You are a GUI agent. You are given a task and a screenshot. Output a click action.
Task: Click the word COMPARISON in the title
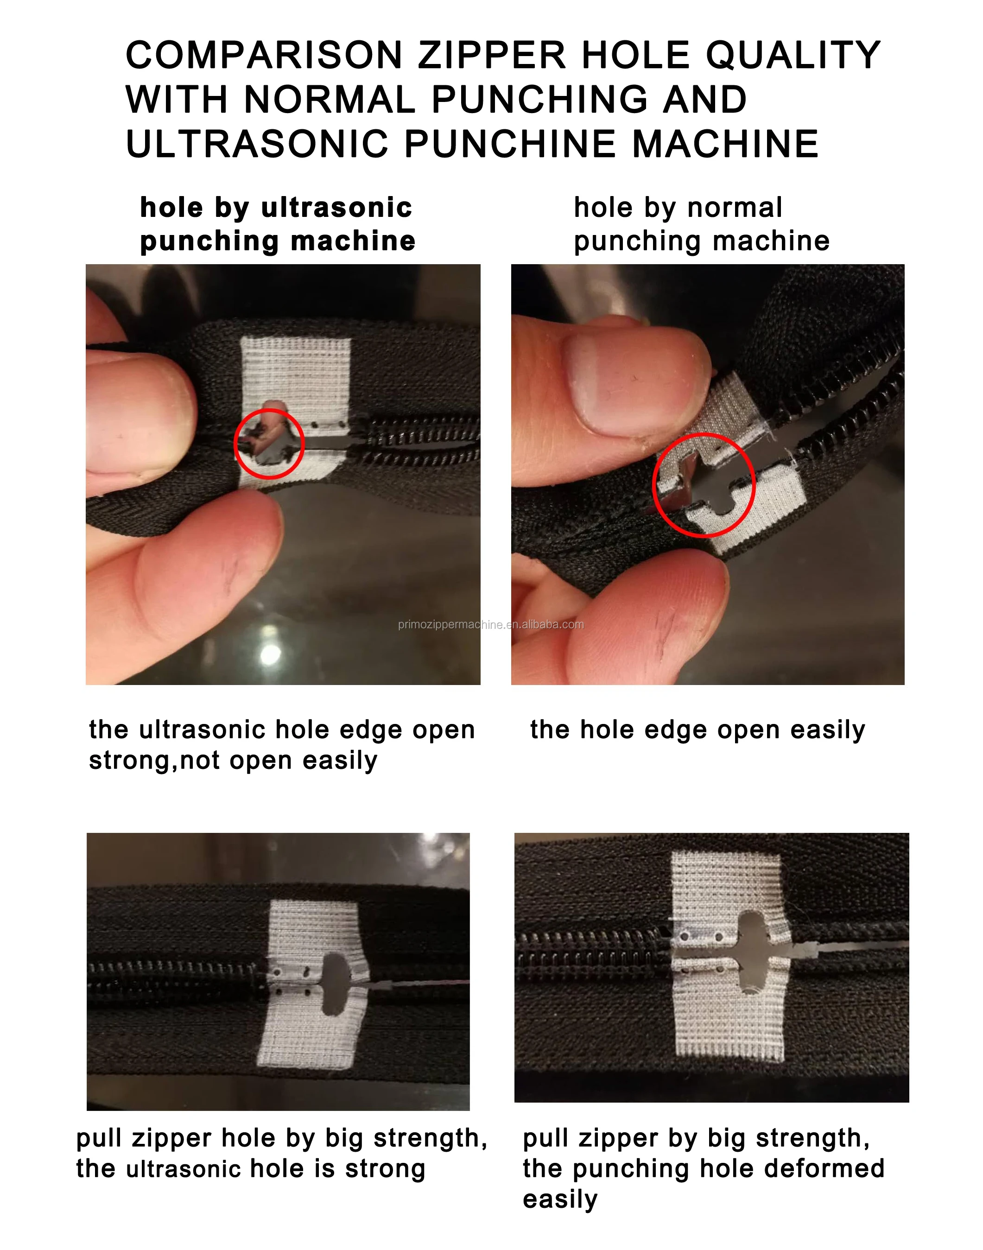click(264, 55)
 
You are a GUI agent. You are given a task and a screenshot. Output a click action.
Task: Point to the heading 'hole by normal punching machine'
click(702, 224)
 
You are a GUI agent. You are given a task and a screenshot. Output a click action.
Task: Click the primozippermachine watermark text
click(490, 624)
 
